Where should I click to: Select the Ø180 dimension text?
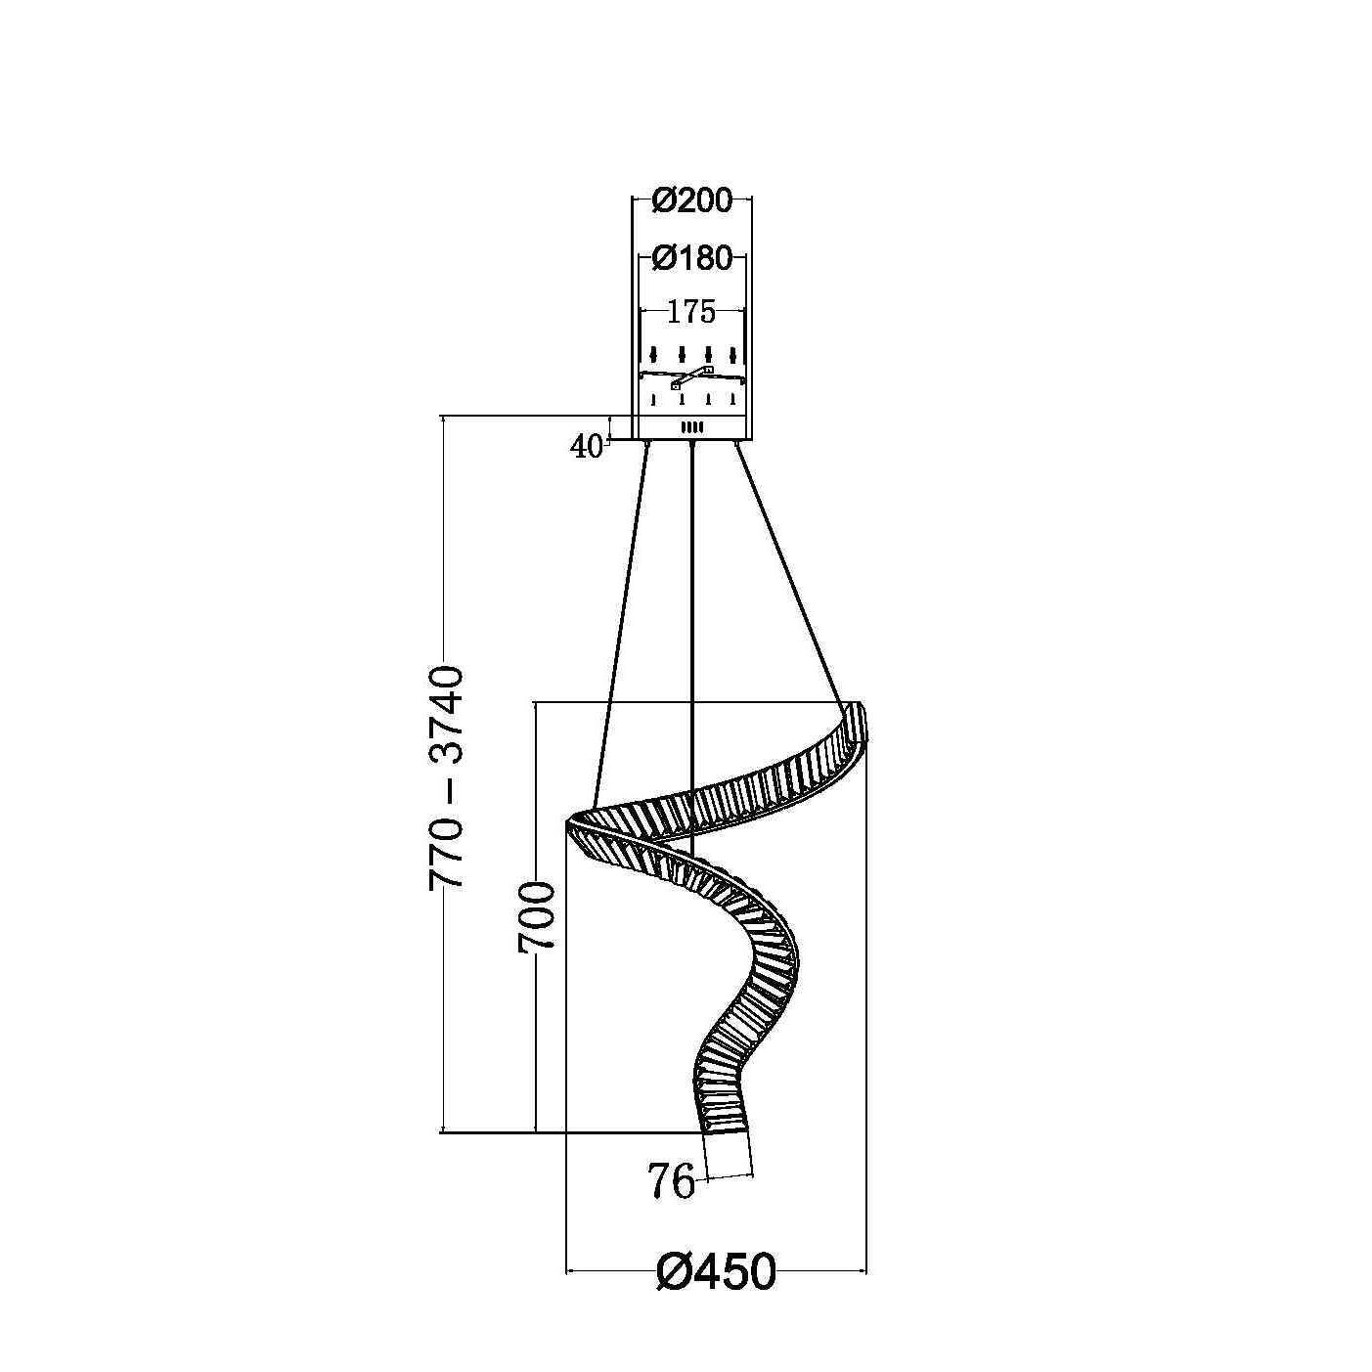click(x=691, y=259)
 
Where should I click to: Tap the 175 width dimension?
click(x=691, y=312)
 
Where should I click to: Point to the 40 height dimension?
click(x=585, y=447)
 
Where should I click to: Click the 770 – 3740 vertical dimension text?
click(x=447, y=778)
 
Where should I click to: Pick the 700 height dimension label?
click(x=536, y=916)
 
